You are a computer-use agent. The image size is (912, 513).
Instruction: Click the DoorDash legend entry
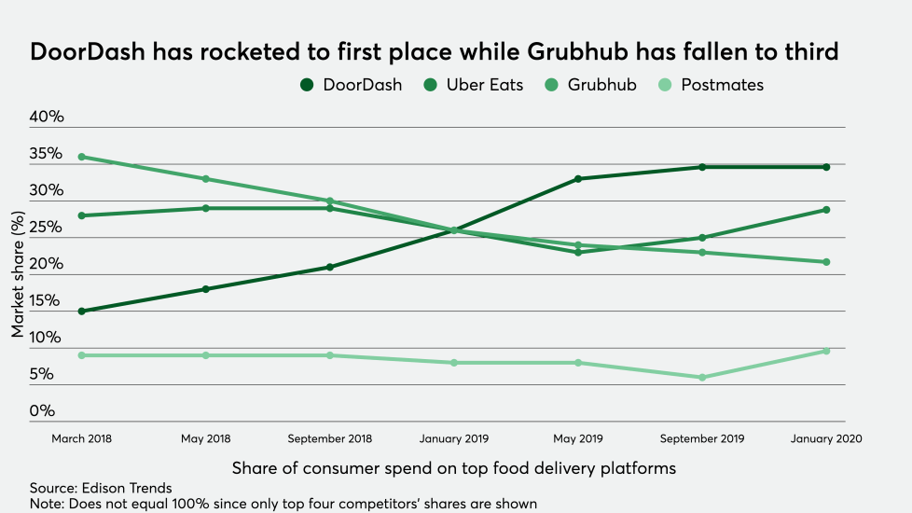click(x=352, y=85)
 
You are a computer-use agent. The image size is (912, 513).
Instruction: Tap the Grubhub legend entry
click(x=594, y=85)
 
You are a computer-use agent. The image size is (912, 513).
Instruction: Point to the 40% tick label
click(x=47, y=117)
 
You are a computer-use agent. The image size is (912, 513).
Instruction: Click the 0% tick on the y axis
click(x=42, y=410)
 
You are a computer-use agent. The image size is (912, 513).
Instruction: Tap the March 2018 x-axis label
click(x=82, y=439)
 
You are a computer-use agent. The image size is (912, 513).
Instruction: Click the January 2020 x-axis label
click(x=826, y=439)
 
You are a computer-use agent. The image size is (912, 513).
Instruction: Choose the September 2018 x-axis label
click(x=330, y=439)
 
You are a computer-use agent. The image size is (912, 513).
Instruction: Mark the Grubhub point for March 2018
click(x=82, y=157)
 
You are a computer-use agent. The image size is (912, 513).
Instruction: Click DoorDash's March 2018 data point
click(x=82, y=311)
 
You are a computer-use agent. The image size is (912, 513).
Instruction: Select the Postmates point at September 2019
click(x=702, y=378)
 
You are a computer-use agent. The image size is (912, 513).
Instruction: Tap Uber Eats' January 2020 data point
click(x=826, y=210)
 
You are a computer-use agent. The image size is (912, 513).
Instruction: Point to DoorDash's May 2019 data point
click(x=578, y=179)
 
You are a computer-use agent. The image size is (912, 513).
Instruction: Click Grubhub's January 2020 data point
click(x=826, y=262)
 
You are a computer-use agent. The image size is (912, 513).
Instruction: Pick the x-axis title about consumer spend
click(x=453, y=466)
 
